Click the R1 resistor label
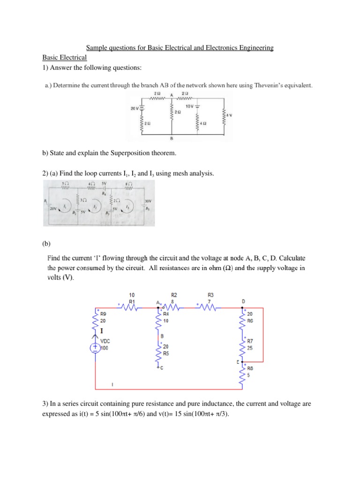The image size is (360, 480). tap(132, 301)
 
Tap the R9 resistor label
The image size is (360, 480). tap(103, 315)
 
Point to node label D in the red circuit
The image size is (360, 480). tap(243, 300)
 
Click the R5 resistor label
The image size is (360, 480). tap(166, 354)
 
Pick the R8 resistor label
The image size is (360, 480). tap(250, 368)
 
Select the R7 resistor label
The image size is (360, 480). tap(250, 342)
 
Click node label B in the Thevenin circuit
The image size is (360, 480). tap(172, 139)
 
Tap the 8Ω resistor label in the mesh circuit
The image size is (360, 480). tap(128, 184)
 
